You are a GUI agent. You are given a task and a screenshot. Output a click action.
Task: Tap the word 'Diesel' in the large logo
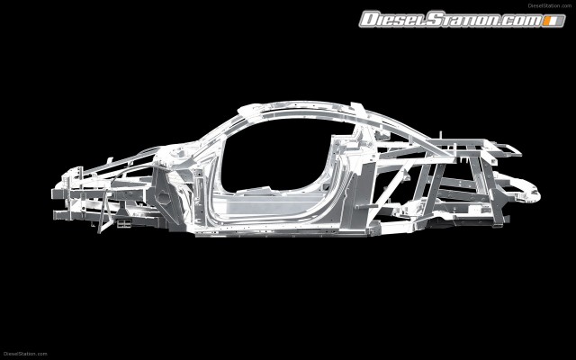[x=396, y=19]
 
